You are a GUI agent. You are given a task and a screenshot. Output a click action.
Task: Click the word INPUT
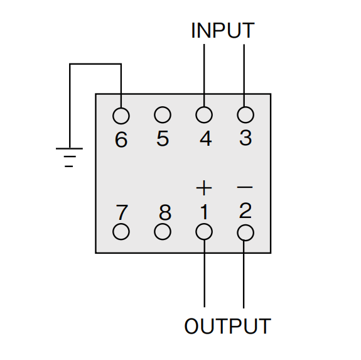[x=223, y=30]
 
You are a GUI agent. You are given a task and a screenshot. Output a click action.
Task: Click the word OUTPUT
[x=227, y=326]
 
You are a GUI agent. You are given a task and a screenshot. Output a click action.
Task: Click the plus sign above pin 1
[x=204, y=188]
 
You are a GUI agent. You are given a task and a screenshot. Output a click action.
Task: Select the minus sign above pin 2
[x=245, y=187]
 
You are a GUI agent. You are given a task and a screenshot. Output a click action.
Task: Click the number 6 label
[x=121, y=139]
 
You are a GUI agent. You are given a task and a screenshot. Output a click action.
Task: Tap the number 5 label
[x=163, y=138]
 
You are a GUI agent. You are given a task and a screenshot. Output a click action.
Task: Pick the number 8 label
[x=165, y=212]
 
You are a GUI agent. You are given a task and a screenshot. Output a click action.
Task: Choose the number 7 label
[x=122, y=212]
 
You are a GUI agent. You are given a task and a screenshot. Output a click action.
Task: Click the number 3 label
[x=245, y=138]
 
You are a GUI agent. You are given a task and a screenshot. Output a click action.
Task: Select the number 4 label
[x=205, y=138]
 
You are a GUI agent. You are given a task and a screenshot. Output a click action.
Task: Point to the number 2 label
[x=245, y=210]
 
